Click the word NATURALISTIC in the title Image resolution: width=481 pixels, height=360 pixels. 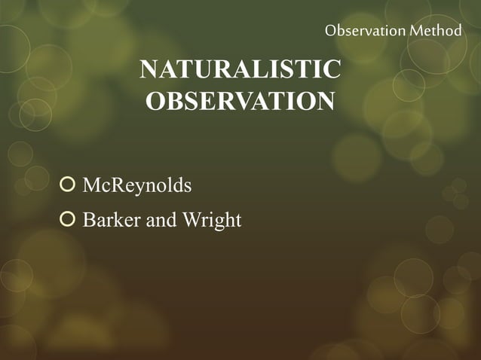[240, 71]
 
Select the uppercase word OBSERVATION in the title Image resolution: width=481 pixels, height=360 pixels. [240, 101]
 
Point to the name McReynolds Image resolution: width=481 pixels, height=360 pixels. [137, 185]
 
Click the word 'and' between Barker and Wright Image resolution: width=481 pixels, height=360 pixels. [153, 221]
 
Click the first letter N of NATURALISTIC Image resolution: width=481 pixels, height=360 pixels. [150, 71]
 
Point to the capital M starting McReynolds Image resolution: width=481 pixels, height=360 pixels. [91, 185]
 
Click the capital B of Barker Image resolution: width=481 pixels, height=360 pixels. [89, 221]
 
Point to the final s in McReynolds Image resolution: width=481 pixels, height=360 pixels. [188, 186]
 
